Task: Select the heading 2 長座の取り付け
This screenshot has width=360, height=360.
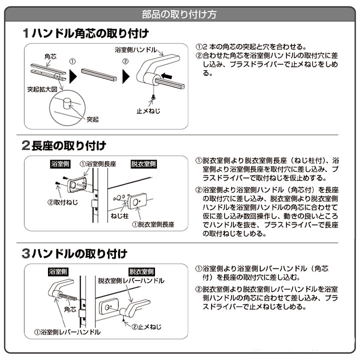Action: [64, 146]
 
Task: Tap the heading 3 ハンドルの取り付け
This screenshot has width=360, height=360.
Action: [74, 253]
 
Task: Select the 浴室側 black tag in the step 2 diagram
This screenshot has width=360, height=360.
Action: [60, 164]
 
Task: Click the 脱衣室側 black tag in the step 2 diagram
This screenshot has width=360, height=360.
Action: [143, 164]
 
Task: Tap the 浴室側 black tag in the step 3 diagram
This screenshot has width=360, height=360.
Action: [58, 272]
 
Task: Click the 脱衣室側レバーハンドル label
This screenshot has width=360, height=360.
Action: [131, 281]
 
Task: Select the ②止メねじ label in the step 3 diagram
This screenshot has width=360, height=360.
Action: [146, 327]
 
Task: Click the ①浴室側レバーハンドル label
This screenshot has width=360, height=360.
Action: [67, 331]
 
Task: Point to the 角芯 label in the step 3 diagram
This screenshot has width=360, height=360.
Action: [70, 310]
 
